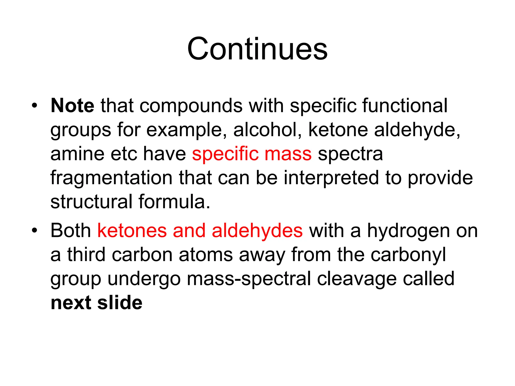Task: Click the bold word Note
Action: [72, 106]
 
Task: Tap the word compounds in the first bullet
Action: [191, 106]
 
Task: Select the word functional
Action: [405, 106]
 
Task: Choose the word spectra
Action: [350, 154]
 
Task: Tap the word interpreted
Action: [331, 178]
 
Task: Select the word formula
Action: [174, 202]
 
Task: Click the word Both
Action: [71, 230]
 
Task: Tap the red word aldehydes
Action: [257, 230]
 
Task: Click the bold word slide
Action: [120, 303]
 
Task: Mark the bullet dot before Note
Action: [34, 105]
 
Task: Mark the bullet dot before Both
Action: [34, 230]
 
